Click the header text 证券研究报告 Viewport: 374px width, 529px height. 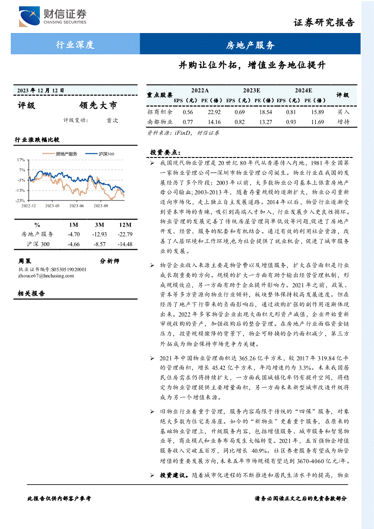click(x=324, y=23)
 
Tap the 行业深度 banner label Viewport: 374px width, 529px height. click(x=75, y=44)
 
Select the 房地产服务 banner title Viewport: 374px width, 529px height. click(x=250, y=45)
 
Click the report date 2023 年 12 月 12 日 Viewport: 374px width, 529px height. click(x=41, y=90)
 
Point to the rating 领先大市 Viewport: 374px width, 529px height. click(x=98, y=105)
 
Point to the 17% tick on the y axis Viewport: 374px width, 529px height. click(x=21, y=160)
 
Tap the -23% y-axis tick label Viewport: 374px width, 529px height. click(x=20, y=200)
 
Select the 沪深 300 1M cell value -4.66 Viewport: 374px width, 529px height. click(x=73, y=244)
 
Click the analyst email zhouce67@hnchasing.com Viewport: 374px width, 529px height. click(x=46, y=276)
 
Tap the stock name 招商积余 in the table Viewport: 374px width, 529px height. click(x=160, y=112)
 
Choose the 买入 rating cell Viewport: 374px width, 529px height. click(x=343, y=112)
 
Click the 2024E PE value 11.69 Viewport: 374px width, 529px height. click(x=317, y=122)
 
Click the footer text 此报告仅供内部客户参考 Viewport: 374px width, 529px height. click(x=59, y=498)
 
